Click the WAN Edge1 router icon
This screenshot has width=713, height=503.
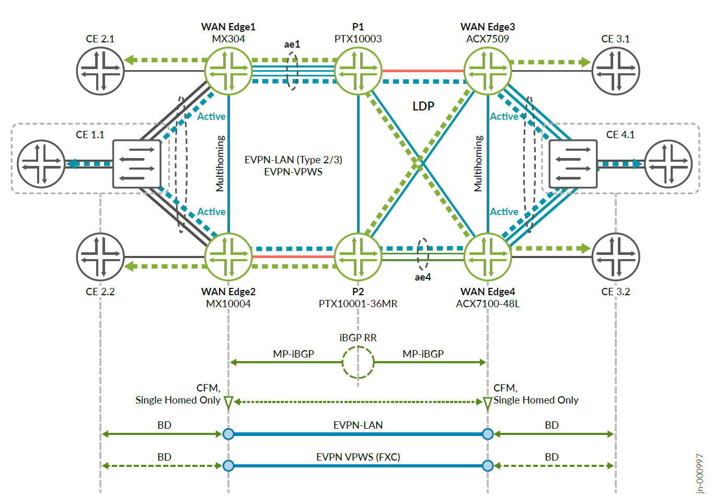coord(228,71)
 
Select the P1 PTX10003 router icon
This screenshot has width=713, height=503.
coord(358,71)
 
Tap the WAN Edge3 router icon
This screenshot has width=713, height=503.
coord(488,71)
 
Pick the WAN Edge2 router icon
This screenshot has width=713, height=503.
coord(228,256)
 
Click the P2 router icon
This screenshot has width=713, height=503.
coord(358,256)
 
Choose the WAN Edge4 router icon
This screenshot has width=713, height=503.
coord(488,256)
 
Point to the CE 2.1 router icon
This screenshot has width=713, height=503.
coord(100,71)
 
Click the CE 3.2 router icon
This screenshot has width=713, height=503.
coord(616,256)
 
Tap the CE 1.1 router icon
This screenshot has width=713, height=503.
coord(41,164)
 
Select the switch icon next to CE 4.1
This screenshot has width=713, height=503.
coord(573,164)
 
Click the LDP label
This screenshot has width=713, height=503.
coord(423,106)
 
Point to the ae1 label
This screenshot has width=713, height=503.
coord(292,44)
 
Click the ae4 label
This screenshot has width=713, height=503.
coord(423,277)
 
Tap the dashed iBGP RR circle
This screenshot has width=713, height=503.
coord(358,362)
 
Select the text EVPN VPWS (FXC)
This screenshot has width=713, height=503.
coord(358,457)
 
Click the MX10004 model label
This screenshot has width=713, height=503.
coord(228,304)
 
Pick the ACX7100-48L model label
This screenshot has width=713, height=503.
coord(488,304)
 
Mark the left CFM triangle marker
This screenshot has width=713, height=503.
coord(228,403)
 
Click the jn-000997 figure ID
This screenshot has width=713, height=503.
coord(700,474)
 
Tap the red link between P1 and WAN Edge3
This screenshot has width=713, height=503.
coord(423,71)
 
